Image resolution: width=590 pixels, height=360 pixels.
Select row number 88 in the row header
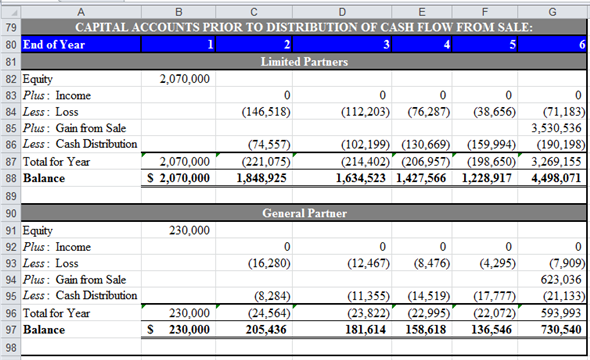(10, 178)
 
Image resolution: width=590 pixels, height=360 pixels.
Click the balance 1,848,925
(262, 178)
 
